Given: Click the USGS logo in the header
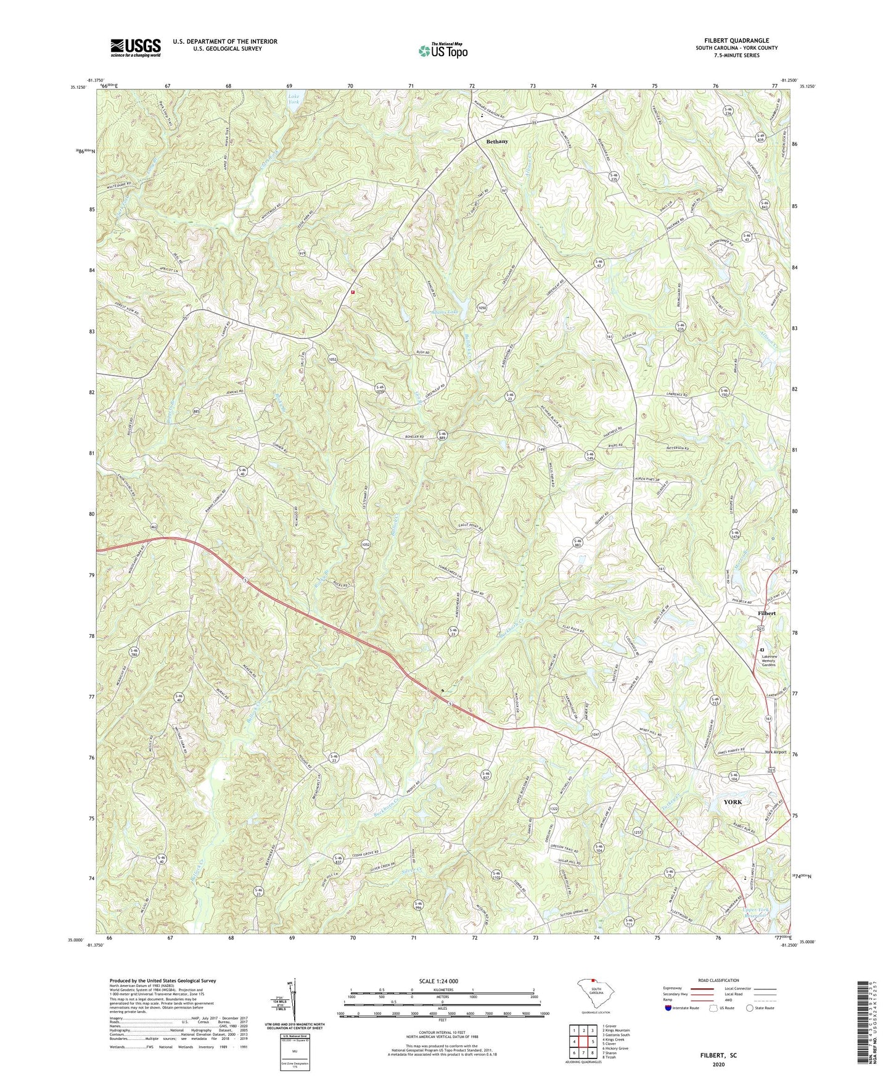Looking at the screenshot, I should pos(136,47).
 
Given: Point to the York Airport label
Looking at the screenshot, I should pos(776,753).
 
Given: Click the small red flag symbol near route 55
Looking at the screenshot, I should pos(353,292).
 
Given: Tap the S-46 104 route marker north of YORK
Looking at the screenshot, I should pos(733,777).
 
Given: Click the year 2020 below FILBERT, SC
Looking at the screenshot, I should pos(718,1064).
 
